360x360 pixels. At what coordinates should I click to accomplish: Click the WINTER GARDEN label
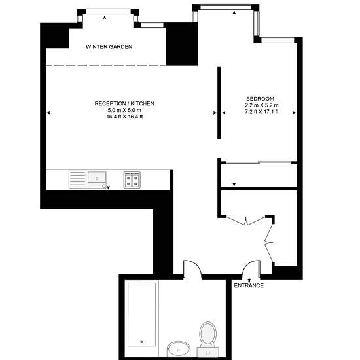[109, 47]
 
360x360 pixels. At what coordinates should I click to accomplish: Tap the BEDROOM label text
[260, 99]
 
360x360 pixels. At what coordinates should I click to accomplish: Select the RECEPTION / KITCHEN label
[124, 103]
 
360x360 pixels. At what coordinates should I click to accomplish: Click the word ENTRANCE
[249, 285]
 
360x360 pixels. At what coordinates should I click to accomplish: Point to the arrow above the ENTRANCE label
[249, 280]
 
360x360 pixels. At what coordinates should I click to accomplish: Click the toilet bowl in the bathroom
[207, 333]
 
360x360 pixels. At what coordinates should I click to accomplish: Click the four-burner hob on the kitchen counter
[132, 180]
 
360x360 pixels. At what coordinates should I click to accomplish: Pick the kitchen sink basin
[97, 177]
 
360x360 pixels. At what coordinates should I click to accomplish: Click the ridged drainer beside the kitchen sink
[78, 180]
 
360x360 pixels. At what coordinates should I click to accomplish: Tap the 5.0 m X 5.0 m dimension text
[124, 110]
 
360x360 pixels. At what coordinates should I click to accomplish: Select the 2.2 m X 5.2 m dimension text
[262, 105]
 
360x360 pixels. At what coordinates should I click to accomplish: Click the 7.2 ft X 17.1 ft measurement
[262, 112]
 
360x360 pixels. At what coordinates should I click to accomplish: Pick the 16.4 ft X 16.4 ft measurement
[124, 117]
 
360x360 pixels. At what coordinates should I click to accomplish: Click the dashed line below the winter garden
[106, 65]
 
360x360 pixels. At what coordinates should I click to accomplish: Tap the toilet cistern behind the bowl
[207, 352]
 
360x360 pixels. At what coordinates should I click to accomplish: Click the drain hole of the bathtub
[141, 342]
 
